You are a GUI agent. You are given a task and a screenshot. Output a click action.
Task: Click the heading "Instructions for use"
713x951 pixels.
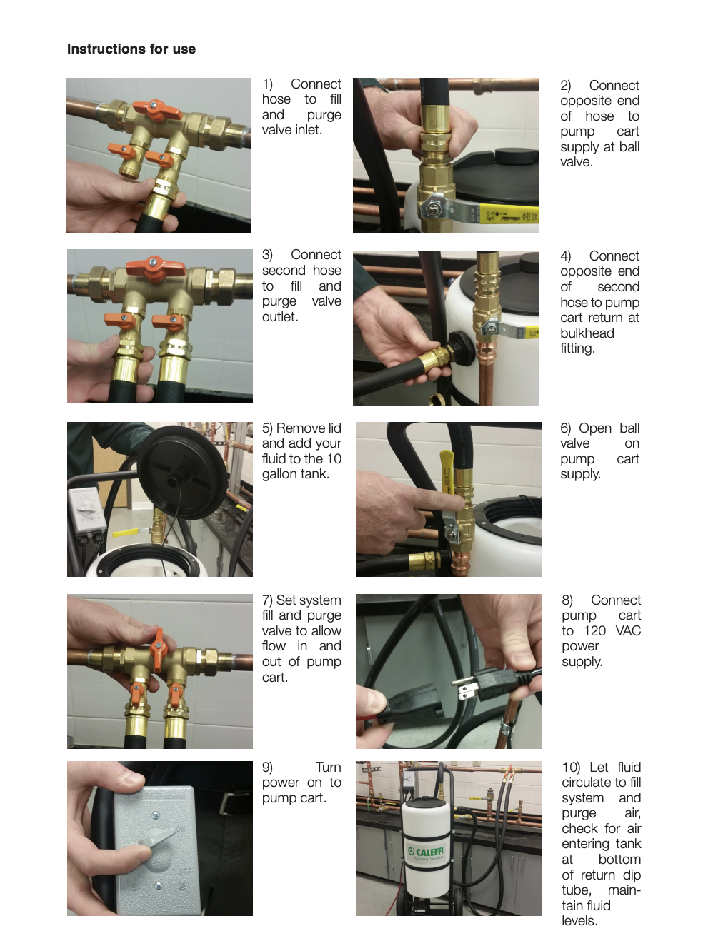[x=131, y=49]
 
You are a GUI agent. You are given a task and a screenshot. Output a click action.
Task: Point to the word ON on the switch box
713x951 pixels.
[x=180, y=829]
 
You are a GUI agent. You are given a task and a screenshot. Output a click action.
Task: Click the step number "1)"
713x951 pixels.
[x=267, y=84]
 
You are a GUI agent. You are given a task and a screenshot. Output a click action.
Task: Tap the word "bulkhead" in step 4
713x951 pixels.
[x=587, y=333]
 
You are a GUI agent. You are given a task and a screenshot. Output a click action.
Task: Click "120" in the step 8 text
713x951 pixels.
[x=594, y=630]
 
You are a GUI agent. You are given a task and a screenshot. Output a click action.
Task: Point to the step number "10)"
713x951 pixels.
[x=571, y=767]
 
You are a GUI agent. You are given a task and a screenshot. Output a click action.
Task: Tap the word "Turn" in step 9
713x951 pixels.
[x=328, y=767]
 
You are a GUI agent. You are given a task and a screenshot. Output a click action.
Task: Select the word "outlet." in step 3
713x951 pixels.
[x=280, y=317]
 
